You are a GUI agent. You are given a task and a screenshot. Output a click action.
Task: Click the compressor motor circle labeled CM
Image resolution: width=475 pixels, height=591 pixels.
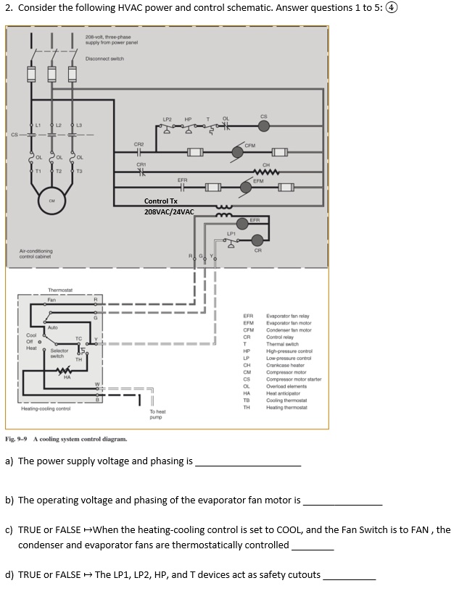(51, 201)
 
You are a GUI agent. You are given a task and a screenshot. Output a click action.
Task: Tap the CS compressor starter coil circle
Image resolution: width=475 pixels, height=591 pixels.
(264, 125)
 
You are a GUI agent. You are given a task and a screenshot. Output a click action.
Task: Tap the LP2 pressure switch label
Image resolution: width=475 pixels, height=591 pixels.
(168, 118)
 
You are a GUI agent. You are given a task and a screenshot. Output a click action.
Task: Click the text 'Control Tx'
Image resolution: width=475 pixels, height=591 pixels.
(161, 201)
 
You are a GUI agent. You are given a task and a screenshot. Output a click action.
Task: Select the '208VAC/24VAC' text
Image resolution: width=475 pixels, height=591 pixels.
(169, 211)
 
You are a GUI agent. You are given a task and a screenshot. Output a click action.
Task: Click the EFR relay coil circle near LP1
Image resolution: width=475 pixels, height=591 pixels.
(254, 225)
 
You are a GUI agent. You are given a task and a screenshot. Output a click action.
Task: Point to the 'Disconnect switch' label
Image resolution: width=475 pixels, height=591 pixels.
(104, 59)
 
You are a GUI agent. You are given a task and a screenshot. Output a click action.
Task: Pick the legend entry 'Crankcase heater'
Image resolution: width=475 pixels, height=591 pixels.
(286, 365)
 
